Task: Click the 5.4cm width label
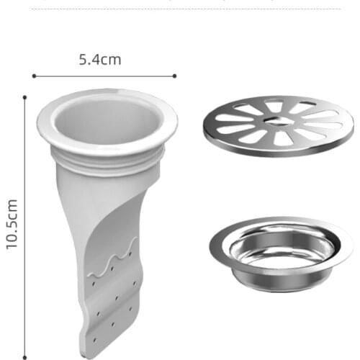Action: pos(100,60)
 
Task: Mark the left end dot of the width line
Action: pos(34,75)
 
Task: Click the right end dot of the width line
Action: pos(174,75)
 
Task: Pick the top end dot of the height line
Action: pos(25,96)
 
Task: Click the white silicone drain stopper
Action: pos(108,216)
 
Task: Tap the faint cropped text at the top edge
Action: pos(180,2)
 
